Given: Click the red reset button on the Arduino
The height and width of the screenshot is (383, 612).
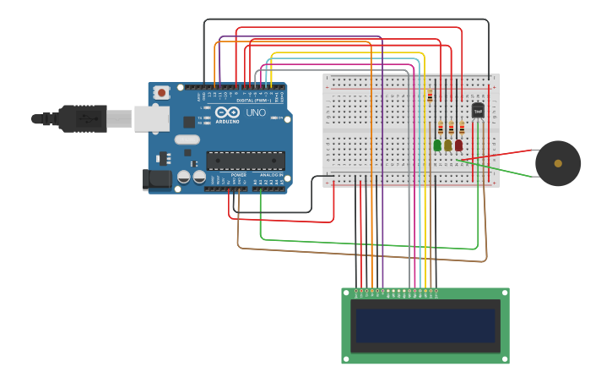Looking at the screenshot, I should (x=161, y=92).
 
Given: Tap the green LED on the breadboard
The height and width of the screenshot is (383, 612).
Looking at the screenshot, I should (x=437, y=145).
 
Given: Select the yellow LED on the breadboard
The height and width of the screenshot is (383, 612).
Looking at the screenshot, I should (x=448, y=145).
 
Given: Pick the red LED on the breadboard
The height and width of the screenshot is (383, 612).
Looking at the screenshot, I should (x=458, y=145).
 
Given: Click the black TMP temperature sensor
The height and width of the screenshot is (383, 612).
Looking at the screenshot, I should (x=478, y=111).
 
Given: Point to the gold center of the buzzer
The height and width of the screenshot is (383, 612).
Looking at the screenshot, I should (x=558, y=163).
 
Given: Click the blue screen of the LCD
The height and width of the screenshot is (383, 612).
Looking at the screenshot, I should (x=425, y=325).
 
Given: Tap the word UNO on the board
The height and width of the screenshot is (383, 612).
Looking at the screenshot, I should (x=256, y=112).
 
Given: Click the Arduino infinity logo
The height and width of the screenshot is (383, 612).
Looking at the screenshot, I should (x=227, y=112).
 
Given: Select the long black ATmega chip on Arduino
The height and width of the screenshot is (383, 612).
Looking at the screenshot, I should (x=246, y=160).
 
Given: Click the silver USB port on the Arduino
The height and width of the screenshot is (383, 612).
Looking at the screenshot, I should (x=152, y=118).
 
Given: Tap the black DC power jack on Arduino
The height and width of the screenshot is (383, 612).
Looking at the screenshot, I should (x=156, y=179).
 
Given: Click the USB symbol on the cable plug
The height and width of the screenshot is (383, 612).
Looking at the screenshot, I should (x=85, y=119).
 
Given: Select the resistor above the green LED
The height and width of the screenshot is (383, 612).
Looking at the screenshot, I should (x=440, y=129).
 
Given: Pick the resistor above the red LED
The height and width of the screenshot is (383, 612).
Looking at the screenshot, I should (x=462, y=129).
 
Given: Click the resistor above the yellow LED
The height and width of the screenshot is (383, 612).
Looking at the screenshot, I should (x=451, y=129).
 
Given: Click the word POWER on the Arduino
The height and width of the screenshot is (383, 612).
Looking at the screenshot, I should (x=239, y=175).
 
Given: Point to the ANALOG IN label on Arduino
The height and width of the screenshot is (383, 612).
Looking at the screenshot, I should (x=272, y=175).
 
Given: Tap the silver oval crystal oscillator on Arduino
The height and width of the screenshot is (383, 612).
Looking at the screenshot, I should (x=187, y=140).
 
